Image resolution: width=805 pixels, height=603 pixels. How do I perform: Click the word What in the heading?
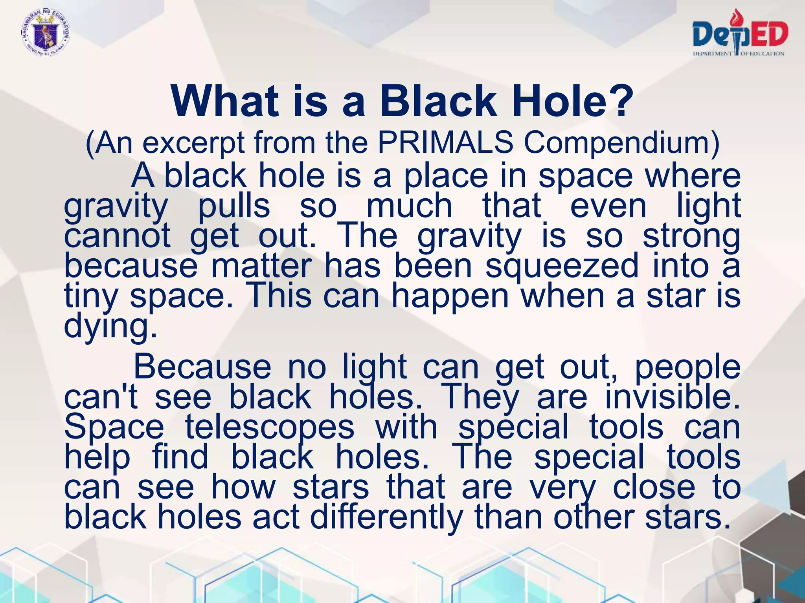point(224,101)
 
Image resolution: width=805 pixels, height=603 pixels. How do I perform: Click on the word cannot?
point(117,236)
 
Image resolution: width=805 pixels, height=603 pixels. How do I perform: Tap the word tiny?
point(90,297)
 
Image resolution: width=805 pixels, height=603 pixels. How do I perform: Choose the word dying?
point(110,327)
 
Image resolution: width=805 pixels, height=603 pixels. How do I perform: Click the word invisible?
point(673,397)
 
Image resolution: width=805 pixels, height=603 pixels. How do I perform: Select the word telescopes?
point(270,428)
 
